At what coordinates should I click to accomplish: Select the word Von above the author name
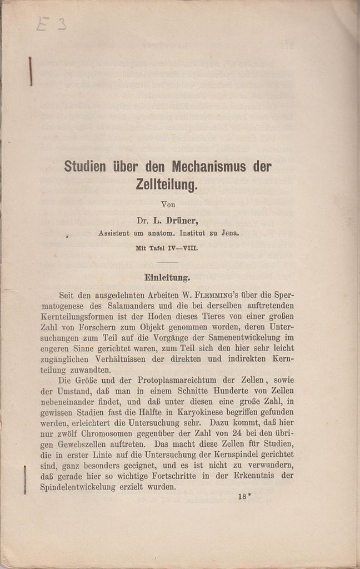[168, 204]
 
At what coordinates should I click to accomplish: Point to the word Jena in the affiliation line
[228, 233]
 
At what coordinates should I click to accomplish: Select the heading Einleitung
[167, 277]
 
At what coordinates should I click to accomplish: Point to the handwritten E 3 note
[51, 23]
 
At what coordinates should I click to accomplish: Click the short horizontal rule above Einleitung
[167, 262]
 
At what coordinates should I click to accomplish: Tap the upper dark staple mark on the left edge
[30, 71]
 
